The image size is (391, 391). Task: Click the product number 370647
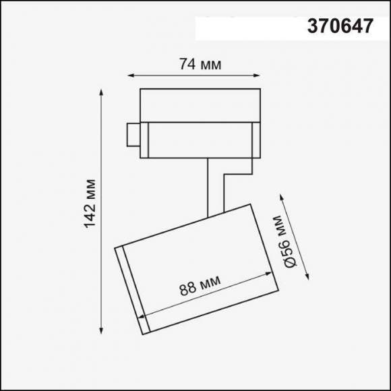(x=340, y=27)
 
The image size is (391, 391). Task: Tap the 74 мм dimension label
(x=200, y=65)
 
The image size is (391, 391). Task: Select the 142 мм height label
(x=90, y=204)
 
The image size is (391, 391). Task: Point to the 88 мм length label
(x=200, y=288)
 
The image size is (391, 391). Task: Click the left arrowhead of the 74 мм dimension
(x=129, y=76)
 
